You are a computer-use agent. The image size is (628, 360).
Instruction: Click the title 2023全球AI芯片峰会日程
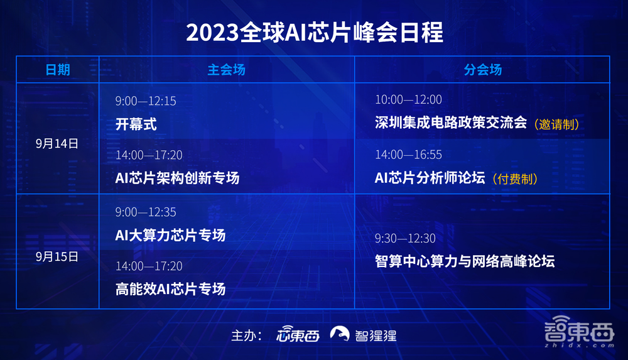pyautogui.click(x=314, y=32)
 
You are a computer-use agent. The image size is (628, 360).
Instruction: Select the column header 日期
pyautogui.click(x=57, y=70)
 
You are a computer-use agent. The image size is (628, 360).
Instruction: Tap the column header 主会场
pyautogui.click(x=226, y=70)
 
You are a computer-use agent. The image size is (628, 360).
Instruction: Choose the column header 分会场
pyautogui.click(x=482, y=70)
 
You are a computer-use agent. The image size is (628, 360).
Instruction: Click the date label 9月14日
pyautogui.click(x=57, y=143)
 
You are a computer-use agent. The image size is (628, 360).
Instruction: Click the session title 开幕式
pyautogui.click(x=136, y=124)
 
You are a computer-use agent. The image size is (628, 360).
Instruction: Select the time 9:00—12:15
pyautogui.click(x=146, y=101)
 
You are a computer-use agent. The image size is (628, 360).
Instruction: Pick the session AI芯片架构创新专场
pyautogui.click(x=177, y=178)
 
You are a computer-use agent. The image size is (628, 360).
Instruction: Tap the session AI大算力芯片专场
pyautogui.click(x=170, y=236)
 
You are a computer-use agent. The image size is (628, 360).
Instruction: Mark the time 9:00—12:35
pyautogui.click(x=146, y=212)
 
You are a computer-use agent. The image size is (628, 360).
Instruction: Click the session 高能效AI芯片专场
pyautogui.click(x=170, y=289)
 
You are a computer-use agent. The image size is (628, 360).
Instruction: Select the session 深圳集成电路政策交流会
pyautogui.click(x=450, y=123)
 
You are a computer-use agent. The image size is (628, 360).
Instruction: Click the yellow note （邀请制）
pyautogui.click(x=556, y=124)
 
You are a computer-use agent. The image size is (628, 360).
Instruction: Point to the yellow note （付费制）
pyautogui.click(x=515, y=179)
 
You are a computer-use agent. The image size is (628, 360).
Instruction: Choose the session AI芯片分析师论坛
pyautogui.click(x=430, y=178)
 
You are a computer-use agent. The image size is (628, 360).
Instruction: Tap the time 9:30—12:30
pyautogui.click(x=405, y=239)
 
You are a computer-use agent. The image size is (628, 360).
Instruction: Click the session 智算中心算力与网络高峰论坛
pyautogui.click(x=465, y=261)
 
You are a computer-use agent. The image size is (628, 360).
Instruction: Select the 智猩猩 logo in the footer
pyautogui.click(x=364, y=335)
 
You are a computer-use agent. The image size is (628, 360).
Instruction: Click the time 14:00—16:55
pyautogui.click(x=408, y=155)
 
